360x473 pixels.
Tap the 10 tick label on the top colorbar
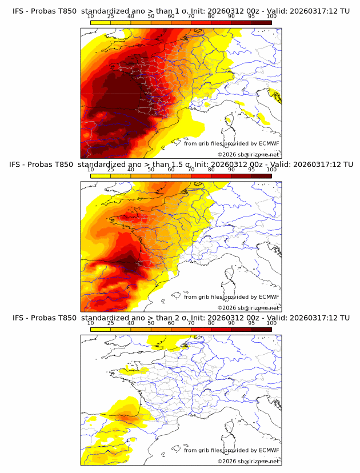91,17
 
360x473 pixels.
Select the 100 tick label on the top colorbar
271,17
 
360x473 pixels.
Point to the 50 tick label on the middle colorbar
151,170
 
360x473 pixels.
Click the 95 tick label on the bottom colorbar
251,323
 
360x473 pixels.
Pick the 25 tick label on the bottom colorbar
111,323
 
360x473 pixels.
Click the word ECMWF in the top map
269,143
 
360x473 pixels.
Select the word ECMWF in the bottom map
269,450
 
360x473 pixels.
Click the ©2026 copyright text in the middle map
248,307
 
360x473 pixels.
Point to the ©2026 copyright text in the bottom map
248,461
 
